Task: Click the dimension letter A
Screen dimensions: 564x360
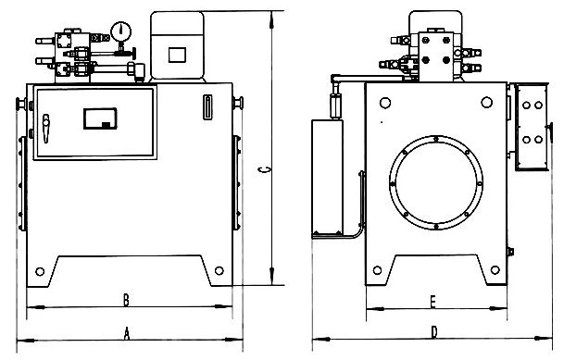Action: (126, 333)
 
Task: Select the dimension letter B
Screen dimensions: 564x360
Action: (126, 300)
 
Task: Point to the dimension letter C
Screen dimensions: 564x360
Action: (264, 169)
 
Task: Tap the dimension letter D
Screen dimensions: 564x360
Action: (434, 332)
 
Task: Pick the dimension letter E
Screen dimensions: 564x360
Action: (433, 302)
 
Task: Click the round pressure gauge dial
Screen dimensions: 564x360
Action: (120, 31)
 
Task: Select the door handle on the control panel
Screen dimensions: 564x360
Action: (45, 129)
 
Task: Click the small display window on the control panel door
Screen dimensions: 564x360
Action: (100, 118)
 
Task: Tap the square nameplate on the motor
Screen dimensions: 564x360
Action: (177, 55)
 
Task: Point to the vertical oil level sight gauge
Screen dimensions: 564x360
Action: (207, 106)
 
